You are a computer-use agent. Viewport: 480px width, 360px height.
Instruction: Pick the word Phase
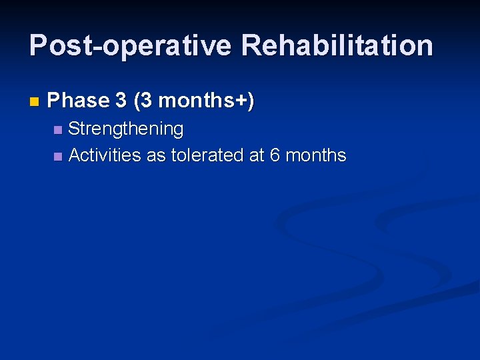[78, 101]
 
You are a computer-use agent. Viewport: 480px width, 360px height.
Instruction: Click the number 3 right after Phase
[121, 101]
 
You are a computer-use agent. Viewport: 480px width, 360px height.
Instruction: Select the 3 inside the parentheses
[147, 101]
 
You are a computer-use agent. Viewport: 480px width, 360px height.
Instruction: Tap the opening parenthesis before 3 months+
[137, 101]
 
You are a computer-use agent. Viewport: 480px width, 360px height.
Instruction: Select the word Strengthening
[126, 129]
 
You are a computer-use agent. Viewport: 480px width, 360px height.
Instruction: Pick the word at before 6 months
[257, 156]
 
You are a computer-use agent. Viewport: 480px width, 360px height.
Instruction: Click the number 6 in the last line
[275, 156]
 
